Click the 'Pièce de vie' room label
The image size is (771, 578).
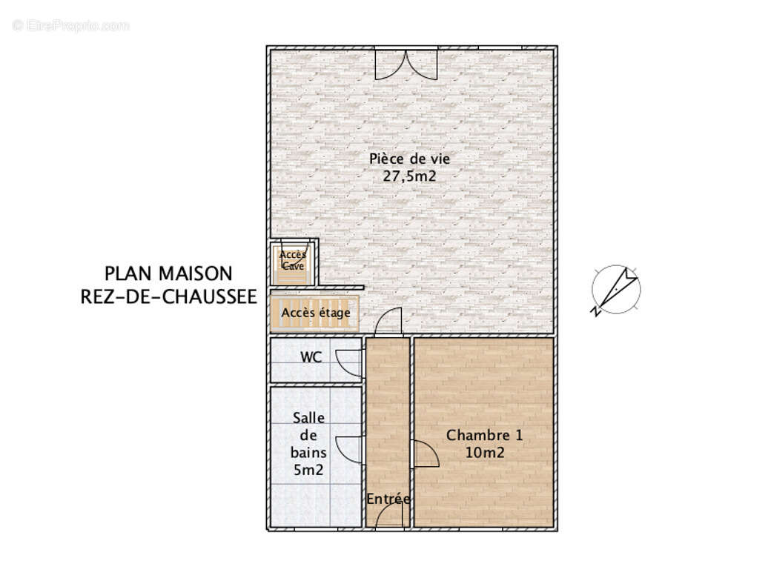410,158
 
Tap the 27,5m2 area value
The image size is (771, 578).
410,177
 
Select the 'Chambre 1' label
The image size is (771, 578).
484,435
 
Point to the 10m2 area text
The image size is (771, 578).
484,453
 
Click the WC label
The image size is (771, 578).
311,357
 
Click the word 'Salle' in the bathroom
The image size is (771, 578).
308,418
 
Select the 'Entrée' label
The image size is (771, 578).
388,499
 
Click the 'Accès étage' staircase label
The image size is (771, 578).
316,312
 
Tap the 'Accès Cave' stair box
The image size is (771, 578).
293,260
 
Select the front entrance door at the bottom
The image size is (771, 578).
389,519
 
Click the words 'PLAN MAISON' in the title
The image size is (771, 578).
168,273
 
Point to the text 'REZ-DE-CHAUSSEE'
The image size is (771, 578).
168,297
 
